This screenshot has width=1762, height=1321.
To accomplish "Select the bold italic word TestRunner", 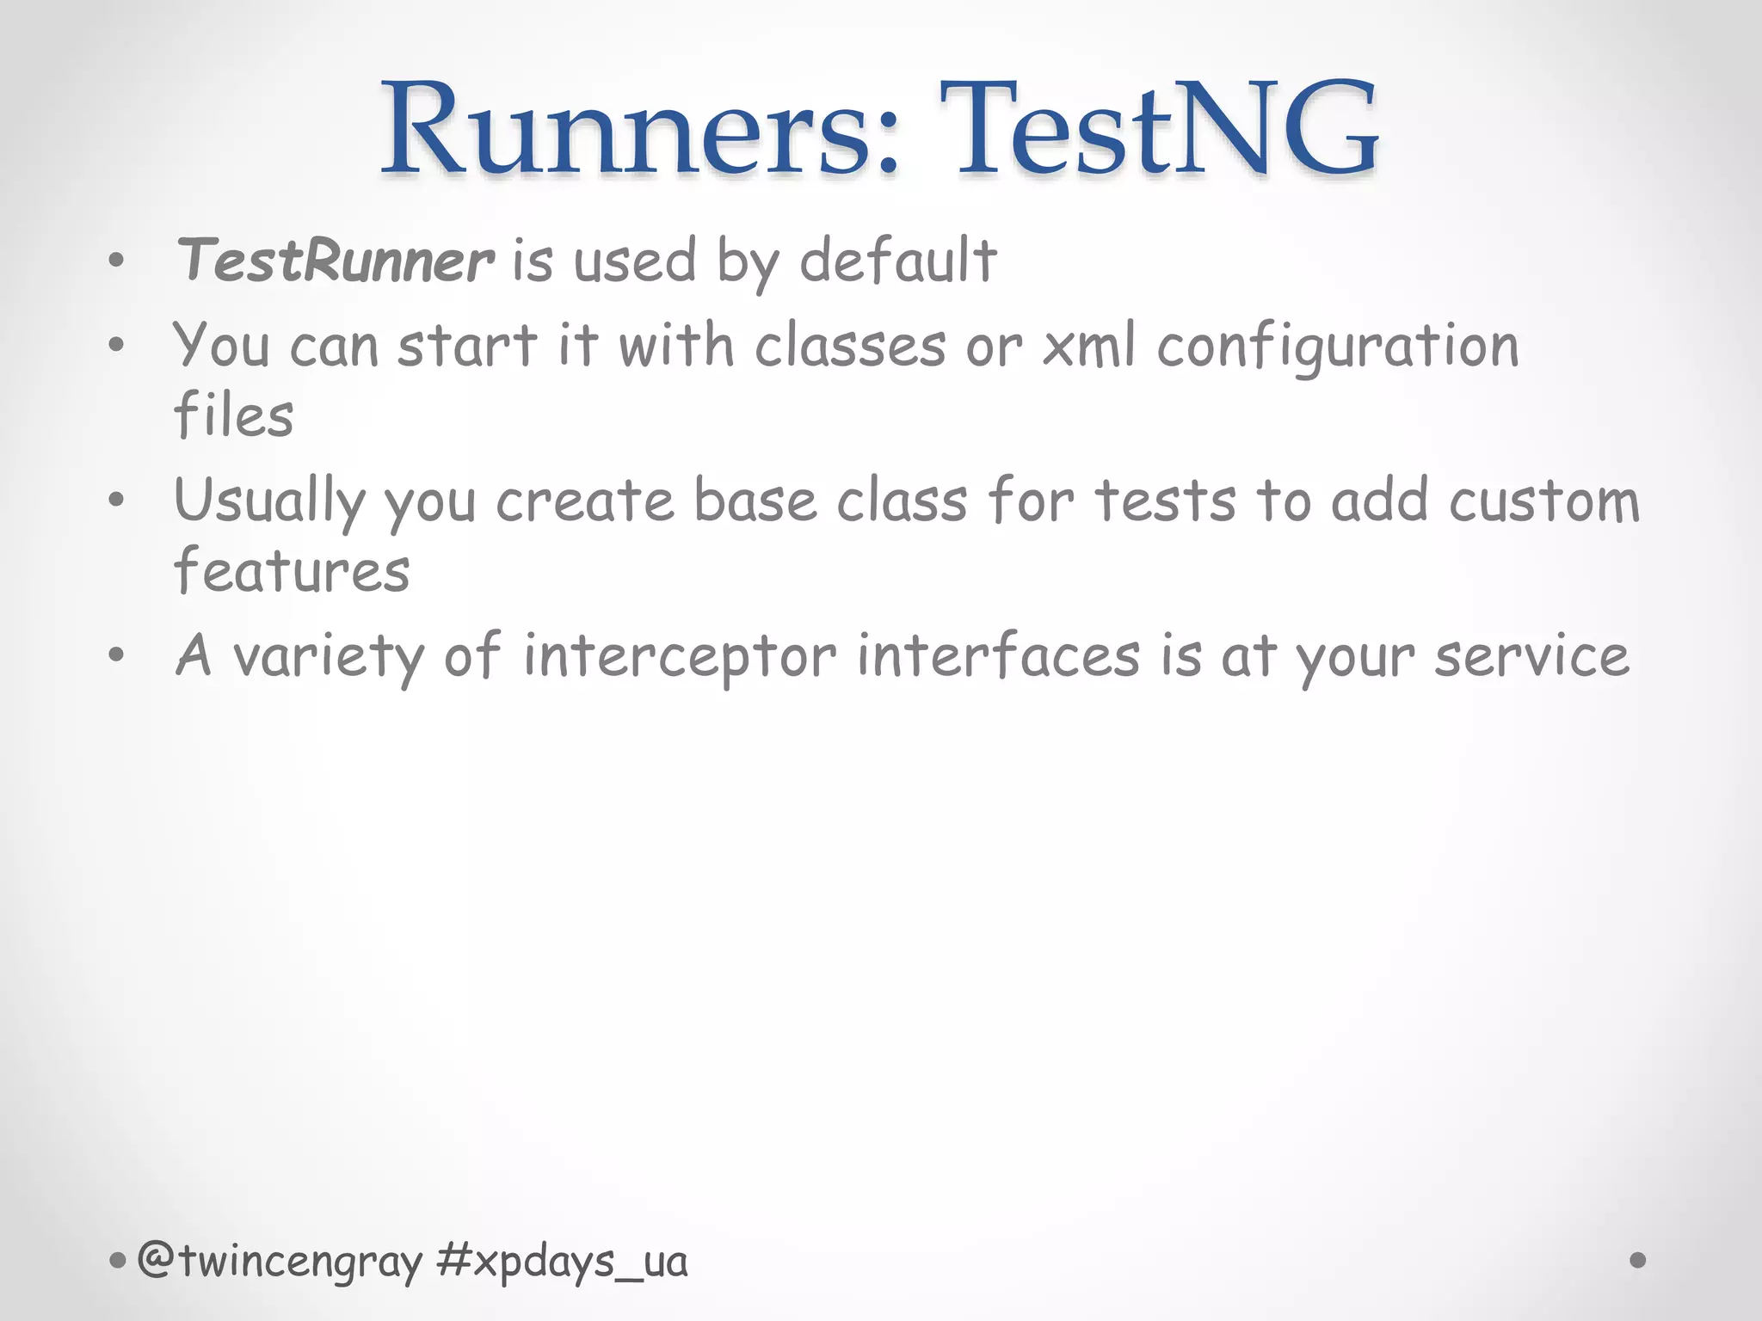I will pos(335,261).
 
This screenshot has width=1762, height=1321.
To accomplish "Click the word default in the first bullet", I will pos(898,260).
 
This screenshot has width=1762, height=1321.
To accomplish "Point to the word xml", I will pos(1089,347).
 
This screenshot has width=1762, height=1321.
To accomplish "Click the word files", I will pos(233,415).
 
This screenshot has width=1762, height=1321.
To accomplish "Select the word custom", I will pos(1544,501).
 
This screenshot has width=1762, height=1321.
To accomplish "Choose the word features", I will pos(292,570).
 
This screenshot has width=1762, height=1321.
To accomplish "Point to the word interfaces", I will pos(999,655).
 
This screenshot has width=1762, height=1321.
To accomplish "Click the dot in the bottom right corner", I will pos(1638,1260).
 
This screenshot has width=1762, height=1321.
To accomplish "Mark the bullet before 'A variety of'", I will pos(117,655).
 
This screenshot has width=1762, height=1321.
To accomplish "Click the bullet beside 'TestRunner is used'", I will pos(117,260).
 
